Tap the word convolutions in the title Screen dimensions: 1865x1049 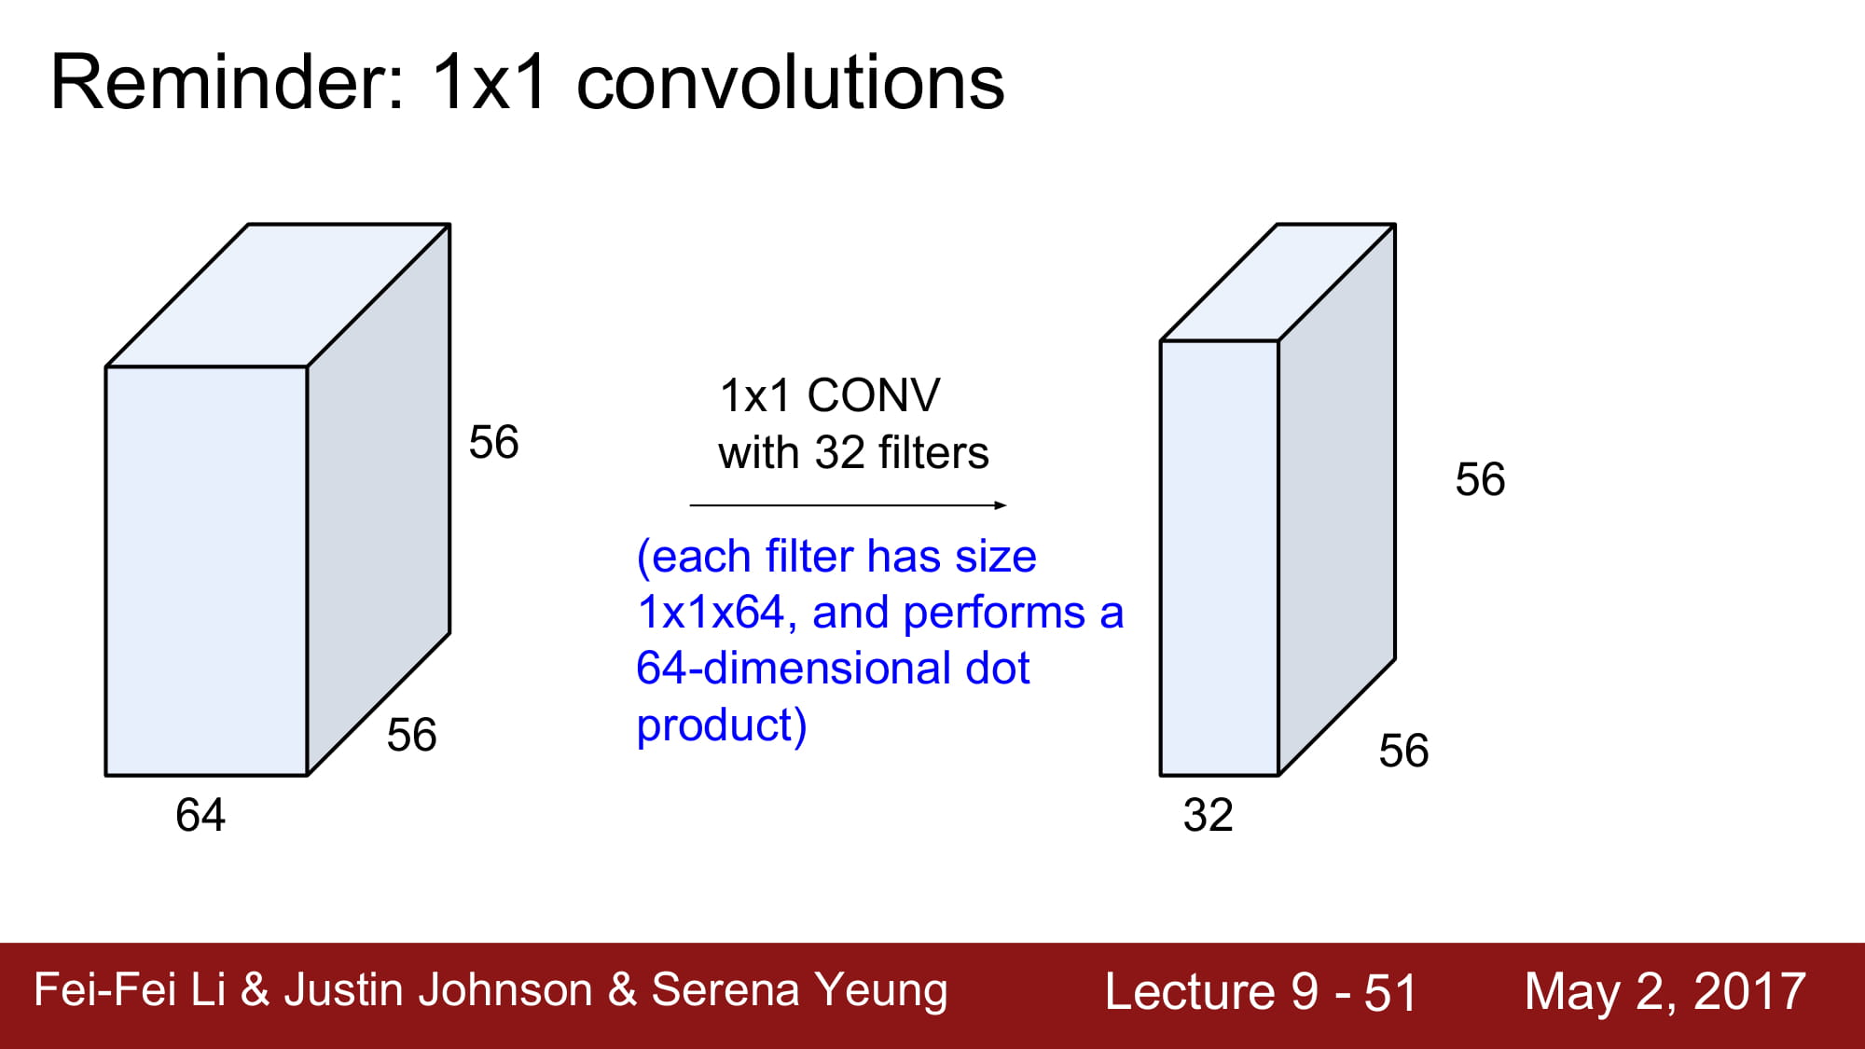791,82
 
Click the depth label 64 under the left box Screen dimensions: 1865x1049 200,815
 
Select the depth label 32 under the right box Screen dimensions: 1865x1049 1209,815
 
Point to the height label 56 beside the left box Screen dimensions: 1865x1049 494,442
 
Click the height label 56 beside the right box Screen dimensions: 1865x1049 1481,479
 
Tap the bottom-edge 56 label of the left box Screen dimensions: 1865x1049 412,735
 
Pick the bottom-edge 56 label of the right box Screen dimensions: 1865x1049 1404,751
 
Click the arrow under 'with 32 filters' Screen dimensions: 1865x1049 849,505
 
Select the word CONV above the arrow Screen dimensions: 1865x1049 874,395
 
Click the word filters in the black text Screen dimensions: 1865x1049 933,453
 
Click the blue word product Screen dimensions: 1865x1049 715,725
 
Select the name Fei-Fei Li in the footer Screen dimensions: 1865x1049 130,989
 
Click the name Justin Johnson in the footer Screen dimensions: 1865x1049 438,989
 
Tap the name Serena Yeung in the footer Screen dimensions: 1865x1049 799,990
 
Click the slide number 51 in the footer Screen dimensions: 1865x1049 1390,992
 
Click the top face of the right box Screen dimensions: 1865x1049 1278,283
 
